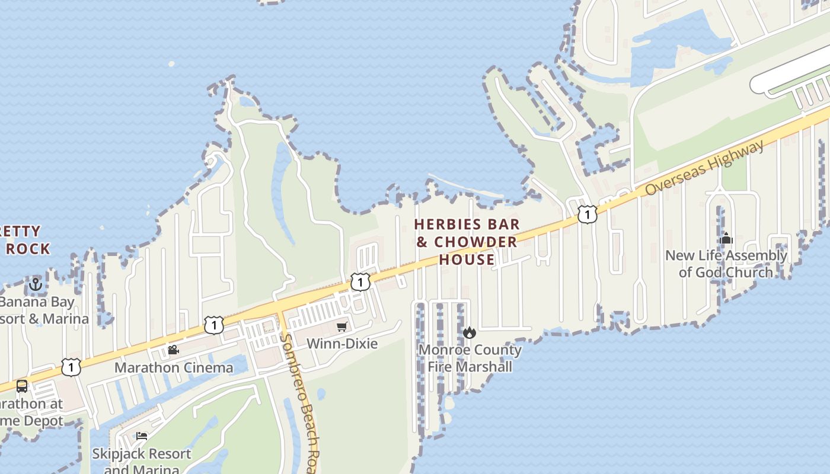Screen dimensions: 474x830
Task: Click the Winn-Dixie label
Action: (342, 344)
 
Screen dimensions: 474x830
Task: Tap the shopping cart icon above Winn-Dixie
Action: (342, 326)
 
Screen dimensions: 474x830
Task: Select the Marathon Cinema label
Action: (174, 367)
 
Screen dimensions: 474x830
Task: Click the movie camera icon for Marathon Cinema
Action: (173, 350)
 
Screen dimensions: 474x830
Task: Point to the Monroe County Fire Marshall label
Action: (470, 358)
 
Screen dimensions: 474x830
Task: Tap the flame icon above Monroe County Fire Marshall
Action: (470, 332)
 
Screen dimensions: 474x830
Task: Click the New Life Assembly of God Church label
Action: (726, 264)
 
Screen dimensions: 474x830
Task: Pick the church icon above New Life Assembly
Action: (726, 239)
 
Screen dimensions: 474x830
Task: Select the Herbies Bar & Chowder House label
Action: (467, 242)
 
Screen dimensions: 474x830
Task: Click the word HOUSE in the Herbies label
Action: (467, 260)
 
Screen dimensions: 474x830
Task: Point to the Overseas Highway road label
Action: (705, 168)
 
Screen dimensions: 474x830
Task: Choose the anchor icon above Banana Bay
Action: (36, 285)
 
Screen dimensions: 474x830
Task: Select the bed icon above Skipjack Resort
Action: (142, 436)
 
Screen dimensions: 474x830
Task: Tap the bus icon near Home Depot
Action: (22, 386)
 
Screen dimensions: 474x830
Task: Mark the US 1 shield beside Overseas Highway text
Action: (587, 214)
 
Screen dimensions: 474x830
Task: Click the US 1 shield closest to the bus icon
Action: (71, 367)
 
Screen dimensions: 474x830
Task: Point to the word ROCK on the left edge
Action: (28, 249)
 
